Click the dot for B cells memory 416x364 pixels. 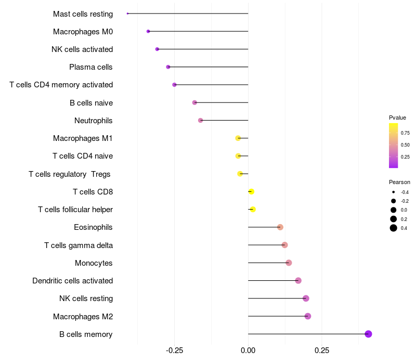[368, 334]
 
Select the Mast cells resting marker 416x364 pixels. [127, 14]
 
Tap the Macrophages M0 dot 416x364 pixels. [148, 31]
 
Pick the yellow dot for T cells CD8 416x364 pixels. [251, 191]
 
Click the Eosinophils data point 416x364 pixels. [280, 227]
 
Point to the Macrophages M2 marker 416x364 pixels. [308, 316]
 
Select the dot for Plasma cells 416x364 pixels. [168, 67]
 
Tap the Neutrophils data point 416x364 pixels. [201, 121]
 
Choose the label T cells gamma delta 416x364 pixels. [79, 245]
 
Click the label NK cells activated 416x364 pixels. [82, 49]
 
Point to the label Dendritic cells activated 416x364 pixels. [73, 281]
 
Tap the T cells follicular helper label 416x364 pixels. [75, 210]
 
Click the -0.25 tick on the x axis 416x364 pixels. [174, 350]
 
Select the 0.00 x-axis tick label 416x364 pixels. [248, 350]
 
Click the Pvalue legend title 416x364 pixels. [397, 118]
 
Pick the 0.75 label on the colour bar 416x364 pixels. [405, 133]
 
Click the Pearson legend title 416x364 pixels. [399, 183]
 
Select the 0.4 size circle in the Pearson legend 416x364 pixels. [394, 228]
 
